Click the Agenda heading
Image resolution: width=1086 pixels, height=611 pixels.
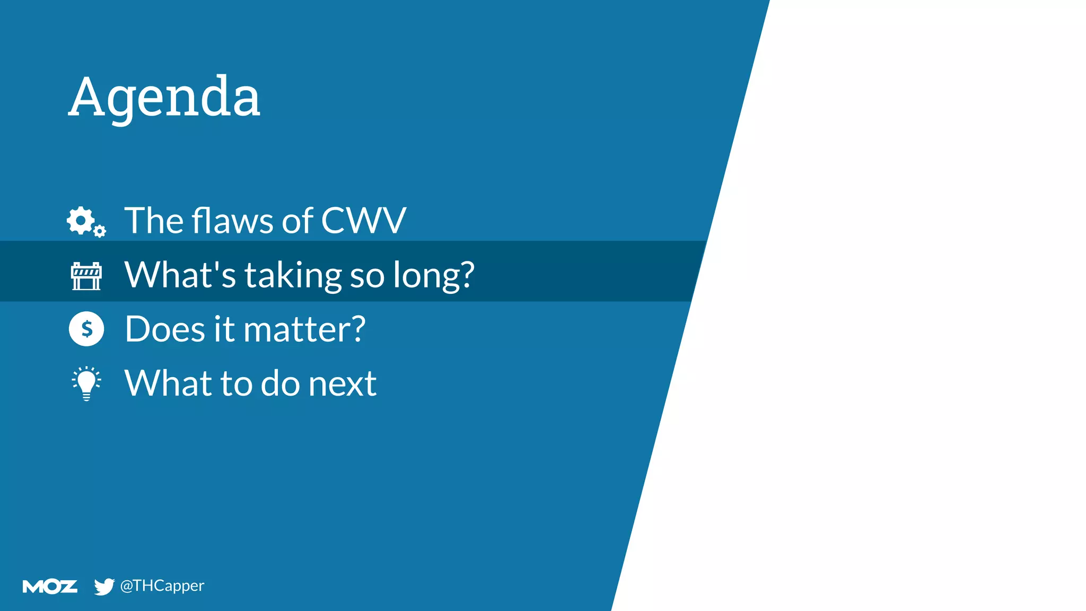pos(164,98)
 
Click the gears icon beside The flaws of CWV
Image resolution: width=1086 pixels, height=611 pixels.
pos(86,222)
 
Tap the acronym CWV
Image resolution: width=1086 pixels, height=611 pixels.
pos(363,221)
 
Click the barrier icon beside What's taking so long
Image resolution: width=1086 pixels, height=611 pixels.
pos(86,276)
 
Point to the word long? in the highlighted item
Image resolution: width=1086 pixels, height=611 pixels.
pos(433,276)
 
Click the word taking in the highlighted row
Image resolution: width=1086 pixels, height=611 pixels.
pos(293,276)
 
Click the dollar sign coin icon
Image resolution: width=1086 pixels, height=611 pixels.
pos(86,329)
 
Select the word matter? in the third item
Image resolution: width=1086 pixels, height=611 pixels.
pos(304,329)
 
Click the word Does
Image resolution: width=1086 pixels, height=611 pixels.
pos(165,329)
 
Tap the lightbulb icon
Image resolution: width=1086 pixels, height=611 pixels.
pos(86,383)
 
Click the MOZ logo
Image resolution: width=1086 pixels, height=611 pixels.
pos(50,586)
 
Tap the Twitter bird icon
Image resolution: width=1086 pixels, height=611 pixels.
pos(104,586)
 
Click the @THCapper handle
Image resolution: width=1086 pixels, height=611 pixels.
pos(162,586)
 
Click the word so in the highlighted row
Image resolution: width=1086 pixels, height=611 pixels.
pos(367,276)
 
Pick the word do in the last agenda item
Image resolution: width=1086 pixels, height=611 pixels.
pos(280,383)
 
